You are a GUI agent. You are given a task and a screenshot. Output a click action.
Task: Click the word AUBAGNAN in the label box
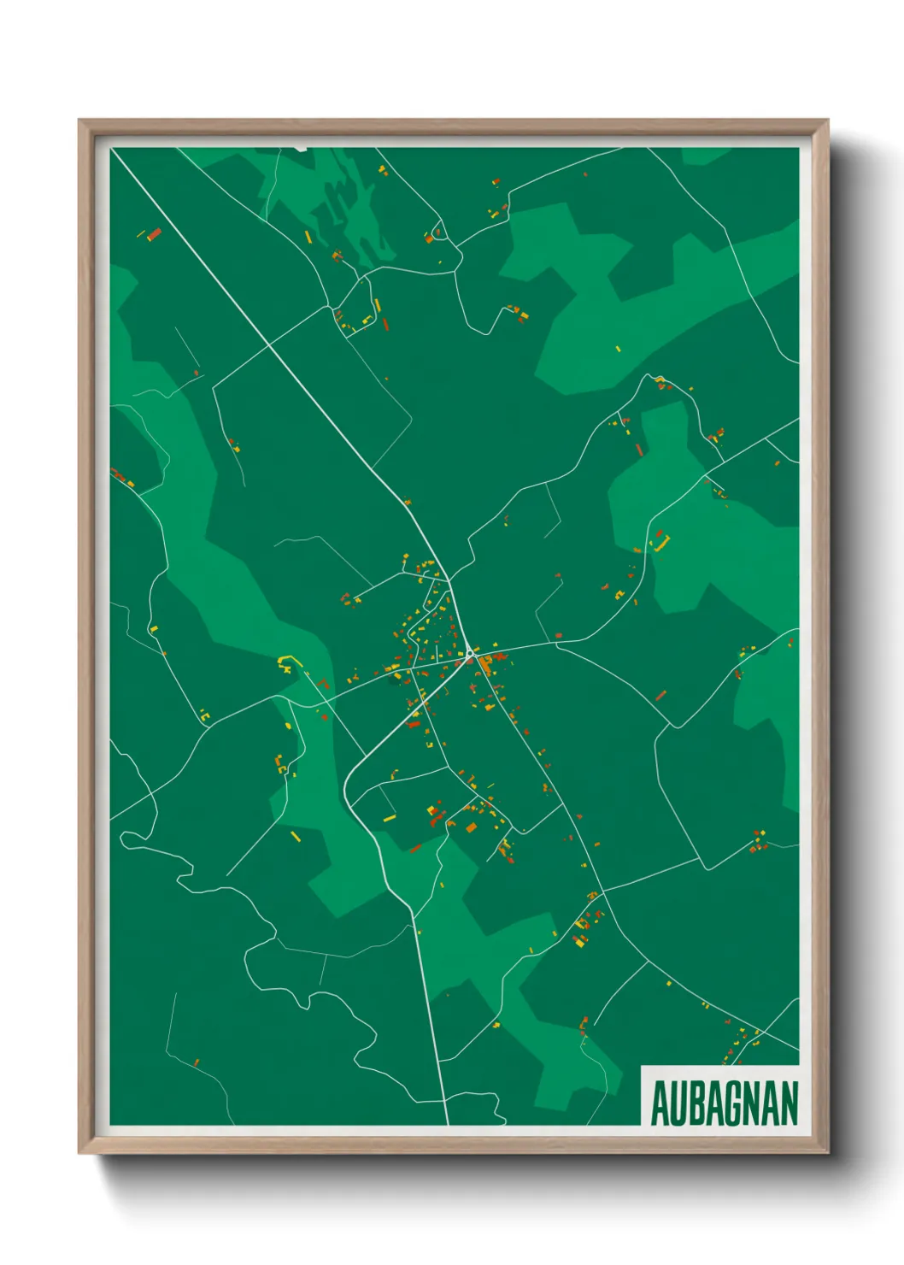click(x=724, y=1103)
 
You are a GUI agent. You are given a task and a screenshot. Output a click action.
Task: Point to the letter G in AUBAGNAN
click(x=728, y=1103)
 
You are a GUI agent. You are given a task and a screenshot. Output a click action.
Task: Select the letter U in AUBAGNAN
click(x=674, y=1103)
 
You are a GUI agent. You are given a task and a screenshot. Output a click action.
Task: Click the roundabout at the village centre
click(x=470, y=654)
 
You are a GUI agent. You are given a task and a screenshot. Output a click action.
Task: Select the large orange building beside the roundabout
click(x=484, y=663)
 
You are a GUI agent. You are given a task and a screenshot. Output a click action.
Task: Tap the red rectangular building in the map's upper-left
click(x=155, y=233)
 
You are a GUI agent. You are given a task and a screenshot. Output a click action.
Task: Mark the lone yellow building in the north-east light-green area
click(x=619, y=348)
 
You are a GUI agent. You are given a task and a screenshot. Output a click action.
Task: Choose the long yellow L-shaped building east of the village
click(x=661, y=541)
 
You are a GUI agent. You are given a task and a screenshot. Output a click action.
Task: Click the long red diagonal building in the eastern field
click(x=660, y=696)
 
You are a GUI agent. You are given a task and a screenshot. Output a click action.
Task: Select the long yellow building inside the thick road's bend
click(x=389, y=818)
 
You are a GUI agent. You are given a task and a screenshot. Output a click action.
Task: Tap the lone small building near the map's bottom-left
click(x=197, y=1062)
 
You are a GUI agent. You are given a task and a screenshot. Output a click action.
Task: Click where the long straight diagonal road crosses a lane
click(x=270, y=344)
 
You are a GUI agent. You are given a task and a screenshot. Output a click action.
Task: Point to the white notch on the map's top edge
click(x=301, y=149)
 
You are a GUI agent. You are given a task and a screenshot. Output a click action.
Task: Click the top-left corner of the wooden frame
click(x=79, y=121)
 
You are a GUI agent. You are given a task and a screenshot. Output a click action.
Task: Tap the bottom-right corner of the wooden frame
click(x=827, y=1152)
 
